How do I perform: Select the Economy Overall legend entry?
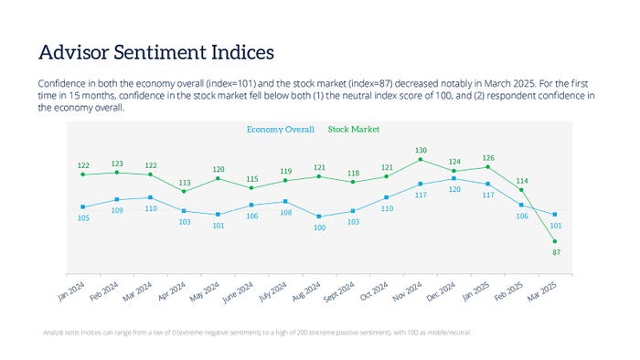point(281,130)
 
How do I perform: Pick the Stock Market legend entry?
point(353,130)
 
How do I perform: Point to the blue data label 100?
point(319,228)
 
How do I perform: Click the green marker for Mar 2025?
point(555,240)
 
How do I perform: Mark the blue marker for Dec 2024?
point(454,178)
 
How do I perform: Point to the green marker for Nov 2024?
point(421,159)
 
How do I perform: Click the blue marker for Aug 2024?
point(319,217)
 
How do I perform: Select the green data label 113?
point(184,182)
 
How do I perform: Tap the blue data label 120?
point(454,189)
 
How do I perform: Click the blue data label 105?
point(83,218)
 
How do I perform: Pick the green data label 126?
point(488,157)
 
